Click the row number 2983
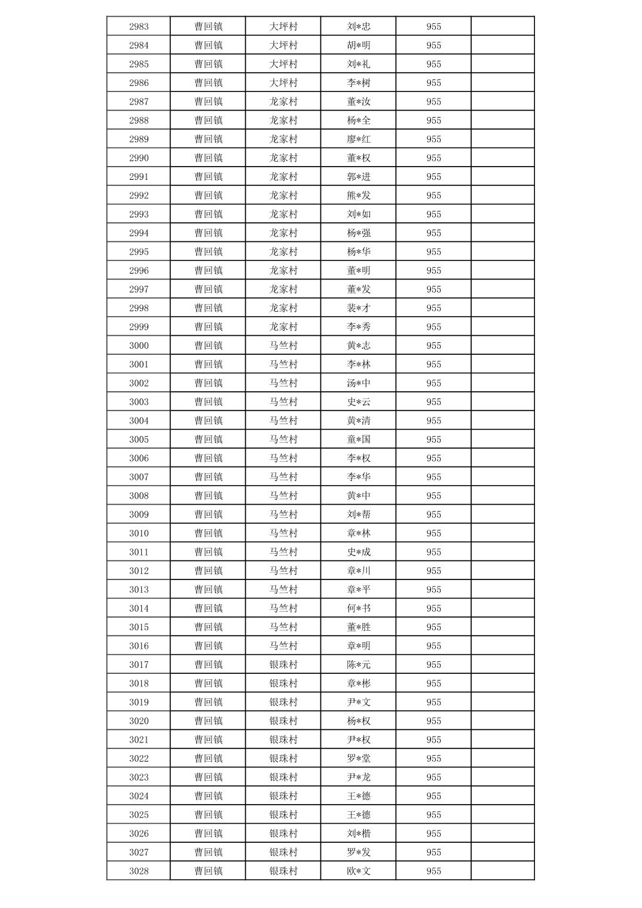point(139,26)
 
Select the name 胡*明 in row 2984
point(359,45)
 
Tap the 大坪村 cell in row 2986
point(283,83)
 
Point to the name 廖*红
point(359,139)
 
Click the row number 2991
point(139,177)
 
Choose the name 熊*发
point(359,195)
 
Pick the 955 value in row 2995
point(433,252)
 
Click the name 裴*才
point(359,308)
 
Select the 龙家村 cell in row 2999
point(283,327)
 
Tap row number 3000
point(139,346)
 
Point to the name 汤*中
point(359,384)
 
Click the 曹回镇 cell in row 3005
point(208,440)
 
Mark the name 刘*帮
point(359,514)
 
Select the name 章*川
point(359,571)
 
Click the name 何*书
point(359,609)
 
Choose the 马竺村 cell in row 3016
point(283,646)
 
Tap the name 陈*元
point(359,665)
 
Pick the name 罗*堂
point(359,759)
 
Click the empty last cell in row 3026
point(502,834)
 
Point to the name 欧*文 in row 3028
point(359,872)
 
